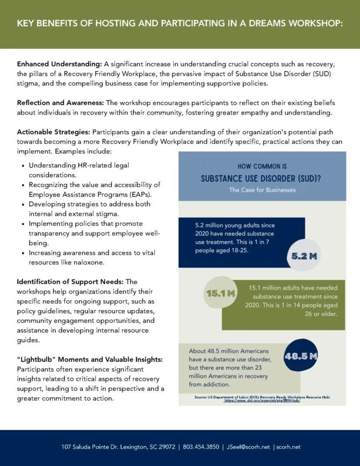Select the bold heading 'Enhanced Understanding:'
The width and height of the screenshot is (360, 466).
59,64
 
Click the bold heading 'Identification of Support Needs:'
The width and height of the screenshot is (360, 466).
71,282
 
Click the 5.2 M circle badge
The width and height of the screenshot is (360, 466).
304,256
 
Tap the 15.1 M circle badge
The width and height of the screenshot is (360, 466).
220,294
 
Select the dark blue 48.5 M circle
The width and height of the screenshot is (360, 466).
300,356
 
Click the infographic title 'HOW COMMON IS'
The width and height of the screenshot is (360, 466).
262,167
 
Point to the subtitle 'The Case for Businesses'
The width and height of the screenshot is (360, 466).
262,190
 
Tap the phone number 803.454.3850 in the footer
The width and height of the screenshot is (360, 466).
200,447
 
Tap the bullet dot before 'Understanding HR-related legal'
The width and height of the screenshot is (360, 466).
23,166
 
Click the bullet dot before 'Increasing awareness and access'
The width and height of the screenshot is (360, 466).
23,253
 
